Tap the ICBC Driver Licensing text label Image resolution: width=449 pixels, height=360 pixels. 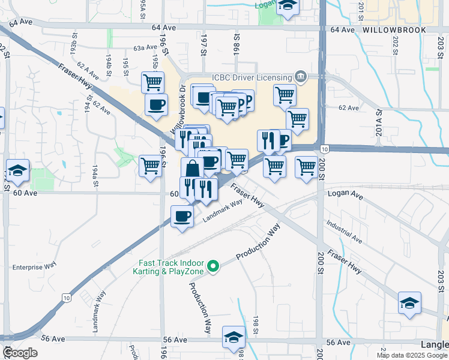tap(251, 77)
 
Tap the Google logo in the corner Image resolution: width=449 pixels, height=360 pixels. tap(20, 353)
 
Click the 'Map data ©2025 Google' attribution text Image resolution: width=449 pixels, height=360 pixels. tap(412, 355)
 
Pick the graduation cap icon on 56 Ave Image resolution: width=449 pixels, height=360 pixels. tap(234, 337)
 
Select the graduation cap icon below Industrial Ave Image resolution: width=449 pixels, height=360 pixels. tap(409, 303)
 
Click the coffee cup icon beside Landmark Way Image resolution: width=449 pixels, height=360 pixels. tap(182, 217)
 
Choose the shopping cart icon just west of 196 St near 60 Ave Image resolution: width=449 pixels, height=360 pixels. tap(150, 166)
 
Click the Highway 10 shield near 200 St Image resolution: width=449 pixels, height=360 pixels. tap(324, 148)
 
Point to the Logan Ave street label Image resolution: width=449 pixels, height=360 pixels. tap(345, 195)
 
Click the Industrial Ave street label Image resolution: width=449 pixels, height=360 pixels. tap(345, 232)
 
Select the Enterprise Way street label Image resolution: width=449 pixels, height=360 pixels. tap(34, 265)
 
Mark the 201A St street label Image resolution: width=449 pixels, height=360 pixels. tap(379, 118)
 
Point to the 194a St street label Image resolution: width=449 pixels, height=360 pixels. tap(95, 175)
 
